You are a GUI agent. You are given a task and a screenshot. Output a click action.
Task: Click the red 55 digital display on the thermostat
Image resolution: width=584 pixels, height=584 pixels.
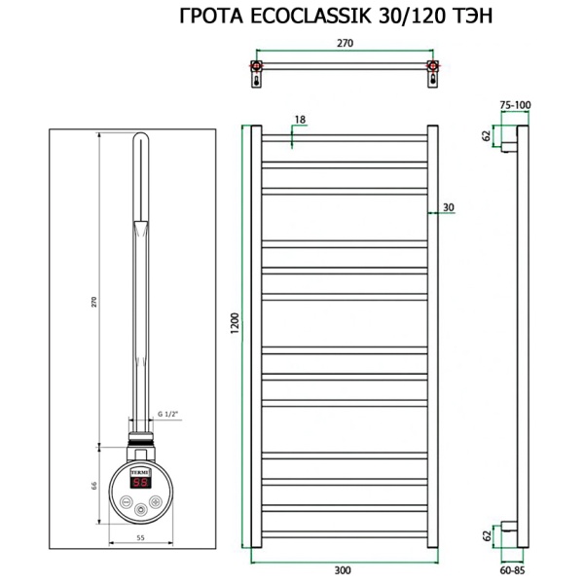140,482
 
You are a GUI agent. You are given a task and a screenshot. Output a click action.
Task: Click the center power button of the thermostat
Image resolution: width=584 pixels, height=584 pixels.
140,507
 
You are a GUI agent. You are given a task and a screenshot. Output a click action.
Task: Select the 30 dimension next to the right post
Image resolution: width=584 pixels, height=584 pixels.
448,205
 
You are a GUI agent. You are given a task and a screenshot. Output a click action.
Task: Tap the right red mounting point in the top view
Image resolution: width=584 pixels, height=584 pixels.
433,68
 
